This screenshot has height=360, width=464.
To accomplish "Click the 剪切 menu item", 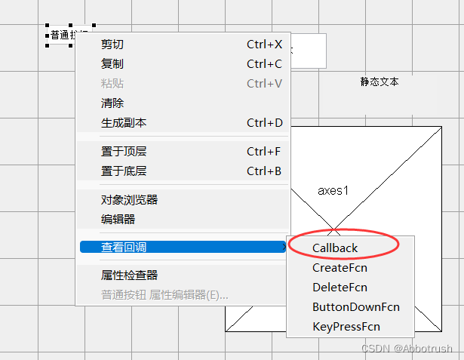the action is [112, 45].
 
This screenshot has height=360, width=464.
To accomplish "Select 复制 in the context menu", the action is [112, 64].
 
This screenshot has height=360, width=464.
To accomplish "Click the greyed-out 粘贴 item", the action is [112, 84].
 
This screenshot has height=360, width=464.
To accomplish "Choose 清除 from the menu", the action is [112, 103].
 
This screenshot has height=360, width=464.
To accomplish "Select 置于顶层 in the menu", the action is [124, 152].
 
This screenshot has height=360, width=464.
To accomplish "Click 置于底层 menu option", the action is [124, 171].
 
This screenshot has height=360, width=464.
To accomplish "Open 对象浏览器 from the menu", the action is [129, 200].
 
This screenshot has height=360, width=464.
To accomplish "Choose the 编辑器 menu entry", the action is [118, 220].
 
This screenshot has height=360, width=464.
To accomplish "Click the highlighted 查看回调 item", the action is [124, 247].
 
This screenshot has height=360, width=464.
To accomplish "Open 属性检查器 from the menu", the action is [129, 275].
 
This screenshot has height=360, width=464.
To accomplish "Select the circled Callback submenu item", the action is [335, 248].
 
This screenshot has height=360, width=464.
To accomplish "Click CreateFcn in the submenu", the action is [340, 267].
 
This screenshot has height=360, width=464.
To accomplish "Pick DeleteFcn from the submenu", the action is [340, 287].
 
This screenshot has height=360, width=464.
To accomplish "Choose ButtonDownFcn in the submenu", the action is [355, 307].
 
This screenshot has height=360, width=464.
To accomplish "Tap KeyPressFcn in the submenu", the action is [346, 327].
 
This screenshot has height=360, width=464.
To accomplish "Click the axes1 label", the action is [333, 191].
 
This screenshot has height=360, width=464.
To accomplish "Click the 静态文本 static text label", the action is [379, 82].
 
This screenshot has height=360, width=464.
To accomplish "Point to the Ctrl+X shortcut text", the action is [264, 45].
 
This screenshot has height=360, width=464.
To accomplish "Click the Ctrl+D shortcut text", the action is [264, 123].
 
